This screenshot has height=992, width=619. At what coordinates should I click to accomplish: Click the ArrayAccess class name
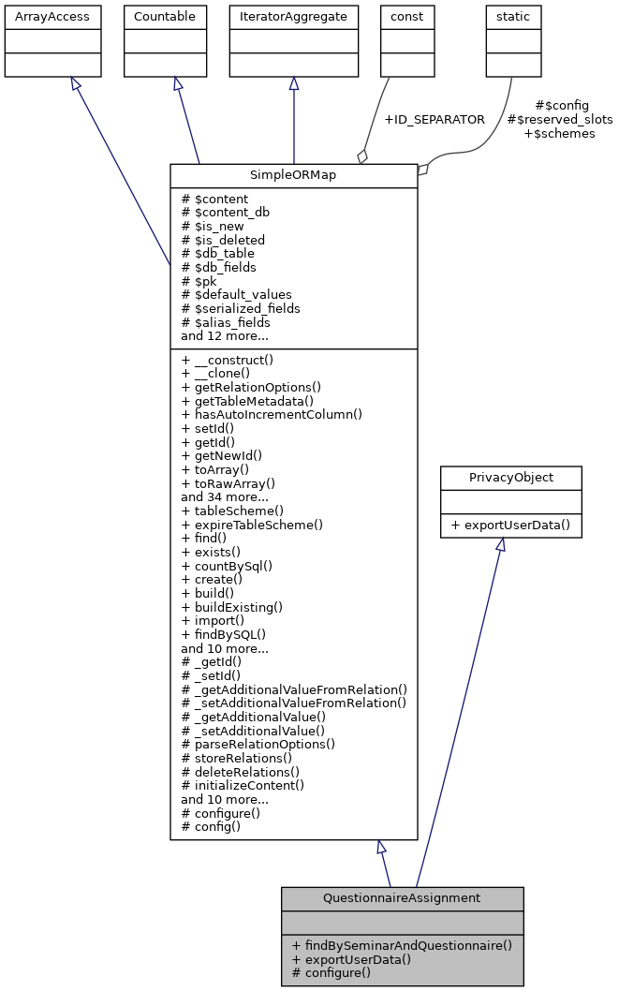[x=40, y=16]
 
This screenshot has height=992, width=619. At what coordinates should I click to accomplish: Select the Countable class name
[x=165, y=16]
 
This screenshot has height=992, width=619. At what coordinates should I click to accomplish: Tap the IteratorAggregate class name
[x=294, y=16]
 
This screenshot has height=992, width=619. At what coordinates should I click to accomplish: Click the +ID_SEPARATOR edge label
[x=434, y=120]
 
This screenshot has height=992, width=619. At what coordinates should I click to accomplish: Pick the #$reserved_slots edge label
[x=559, y=120]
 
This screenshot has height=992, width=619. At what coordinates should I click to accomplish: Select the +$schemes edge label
[x=559, y=134]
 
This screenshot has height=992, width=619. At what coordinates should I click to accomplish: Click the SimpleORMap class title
[x=293, y=176]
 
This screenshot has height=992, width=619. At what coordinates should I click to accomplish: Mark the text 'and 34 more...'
[x=225, y=496]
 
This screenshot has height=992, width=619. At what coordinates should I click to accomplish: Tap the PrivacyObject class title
[x=510, y=477]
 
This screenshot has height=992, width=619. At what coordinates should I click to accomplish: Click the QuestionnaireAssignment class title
[x=402, y=898]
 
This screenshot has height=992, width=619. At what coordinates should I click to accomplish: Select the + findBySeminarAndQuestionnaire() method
[x=402, y=945]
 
